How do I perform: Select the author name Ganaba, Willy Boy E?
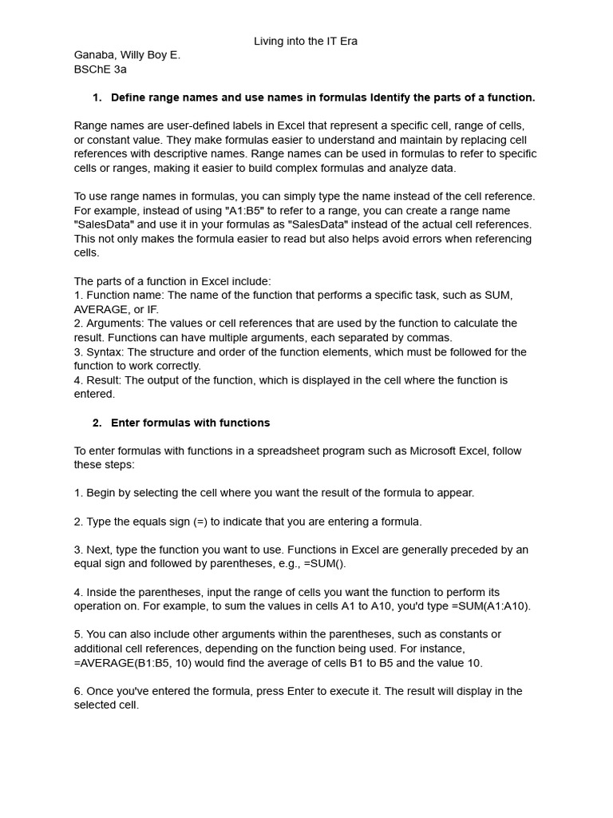coord(127,55)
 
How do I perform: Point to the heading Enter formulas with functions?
coord(190,423)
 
